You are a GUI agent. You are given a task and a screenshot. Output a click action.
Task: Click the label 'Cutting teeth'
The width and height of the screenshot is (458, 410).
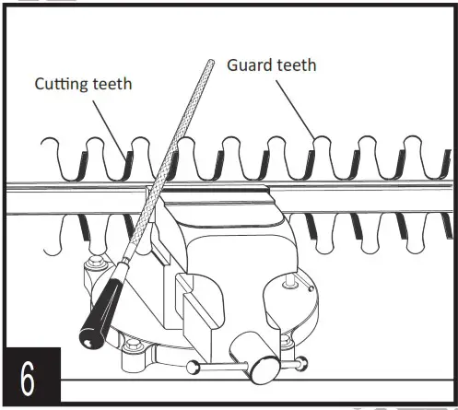click(83, 85)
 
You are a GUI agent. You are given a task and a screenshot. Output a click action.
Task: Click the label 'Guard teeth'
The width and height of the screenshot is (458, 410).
click(271, 65)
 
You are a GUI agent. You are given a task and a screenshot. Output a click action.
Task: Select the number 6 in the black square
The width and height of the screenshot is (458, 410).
click(30, 378)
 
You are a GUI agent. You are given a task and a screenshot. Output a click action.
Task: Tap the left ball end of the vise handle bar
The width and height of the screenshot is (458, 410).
click(193, 368)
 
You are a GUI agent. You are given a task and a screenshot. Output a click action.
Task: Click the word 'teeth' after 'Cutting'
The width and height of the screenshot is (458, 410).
click(111, 85)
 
